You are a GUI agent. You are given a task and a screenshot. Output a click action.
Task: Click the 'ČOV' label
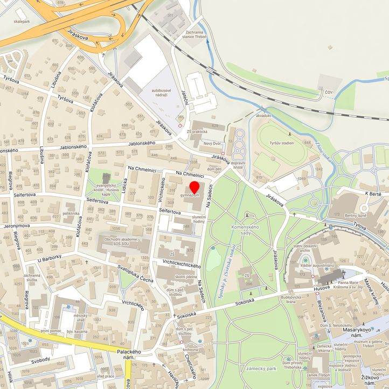(x=329, y=93)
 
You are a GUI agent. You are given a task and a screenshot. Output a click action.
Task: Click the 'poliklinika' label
(x=71, y=213)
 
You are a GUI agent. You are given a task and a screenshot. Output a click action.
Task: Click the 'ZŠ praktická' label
(x=197, y=131)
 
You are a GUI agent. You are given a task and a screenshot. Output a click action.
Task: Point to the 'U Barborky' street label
(x=50, y=258)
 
